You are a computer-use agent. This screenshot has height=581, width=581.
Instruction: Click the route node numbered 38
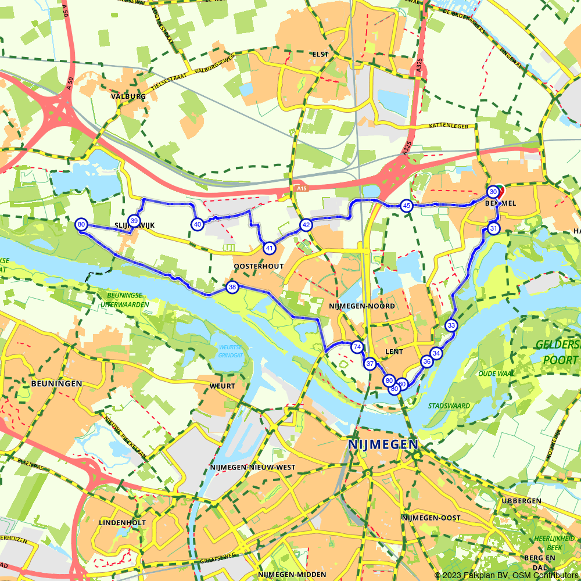click(x=232, y=287)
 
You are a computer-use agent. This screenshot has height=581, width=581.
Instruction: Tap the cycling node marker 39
click(x=134, y=221)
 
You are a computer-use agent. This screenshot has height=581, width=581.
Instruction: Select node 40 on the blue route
click(x=198, y=224)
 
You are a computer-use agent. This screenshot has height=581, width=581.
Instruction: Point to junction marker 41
click(x=269, y=248)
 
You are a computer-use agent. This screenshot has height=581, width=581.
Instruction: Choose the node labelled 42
click(x=306, y=225)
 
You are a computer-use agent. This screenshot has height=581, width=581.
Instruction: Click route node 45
click(x=407, y=206)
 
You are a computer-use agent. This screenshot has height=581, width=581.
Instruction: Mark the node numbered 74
click(x=357, y=347)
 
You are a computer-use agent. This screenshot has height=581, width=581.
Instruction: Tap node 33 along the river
click(x=451, y=325)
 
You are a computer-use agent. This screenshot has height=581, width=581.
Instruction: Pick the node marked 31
click(x=493, y=228)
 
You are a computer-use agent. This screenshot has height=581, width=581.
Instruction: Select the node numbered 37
click(x=370, y=364)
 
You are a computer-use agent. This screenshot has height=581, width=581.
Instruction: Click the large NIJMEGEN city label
click(x=383, y=444)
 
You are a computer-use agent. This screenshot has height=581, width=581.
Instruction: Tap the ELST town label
click(x=320, y=54)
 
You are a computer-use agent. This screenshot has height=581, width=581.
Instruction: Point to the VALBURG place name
click(x=128, y=96)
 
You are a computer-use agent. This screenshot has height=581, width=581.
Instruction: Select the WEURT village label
click(x=223, y=386)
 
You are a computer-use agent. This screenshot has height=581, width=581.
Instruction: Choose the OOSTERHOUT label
click(x=259, y=266)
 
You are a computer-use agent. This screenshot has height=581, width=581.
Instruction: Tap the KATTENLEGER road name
click(x=449, y=125)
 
